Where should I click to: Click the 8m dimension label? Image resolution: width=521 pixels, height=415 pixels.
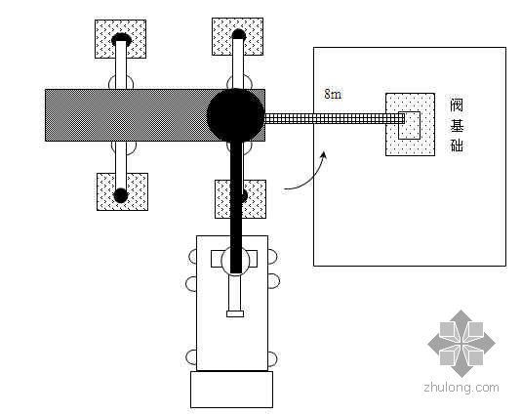tap(333, 94)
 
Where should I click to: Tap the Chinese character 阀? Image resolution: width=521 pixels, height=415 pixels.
tap(457, 105)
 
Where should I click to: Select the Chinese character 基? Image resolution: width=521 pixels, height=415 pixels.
tap(457, 126)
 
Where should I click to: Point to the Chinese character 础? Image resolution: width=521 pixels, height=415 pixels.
tap(457, 145)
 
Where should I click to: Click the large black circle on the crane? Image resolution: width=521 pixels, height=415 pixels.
tap(235, 114)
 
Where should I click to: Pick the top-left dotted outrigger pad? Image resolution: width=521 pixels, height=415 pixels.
tap(120, 39)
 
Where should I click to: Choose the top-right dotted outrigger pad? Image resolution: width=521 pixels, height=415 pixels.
tap(238, 36)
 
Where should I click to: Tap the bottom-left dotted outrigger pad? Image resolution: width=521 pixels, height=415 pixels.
tap(122, 191)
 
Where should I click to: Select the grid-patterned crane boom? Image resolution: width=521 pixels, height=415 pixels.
tap(335, 118)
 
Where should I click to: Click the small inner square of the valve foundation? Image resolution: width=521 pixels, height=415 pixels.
tap(410, 125)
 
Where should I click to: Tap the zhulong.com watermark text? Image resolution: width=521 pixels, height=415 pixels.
tap(461, 388)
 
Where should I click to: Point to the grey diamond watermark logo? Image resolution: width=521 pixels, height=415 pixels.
tap(461, 344)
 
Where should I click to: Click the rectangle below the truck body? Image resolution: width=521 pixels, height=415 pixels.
tap(231, 390)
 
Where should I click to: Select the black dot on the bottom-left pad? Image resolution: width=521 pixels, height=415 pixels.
tap(121, 195)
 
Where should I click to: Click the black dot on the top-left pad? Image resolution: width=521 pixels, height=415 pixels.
tap(121, 39)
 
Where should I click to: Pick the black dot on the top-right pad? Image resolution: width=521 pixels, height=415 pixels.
tap(239, 34)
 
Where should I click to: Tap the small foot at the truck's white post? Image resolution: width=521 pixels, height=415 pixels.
tap(235, 313)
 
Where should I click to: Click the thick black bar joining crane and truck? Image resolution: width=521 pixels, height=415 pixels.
tap(236, 206)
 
